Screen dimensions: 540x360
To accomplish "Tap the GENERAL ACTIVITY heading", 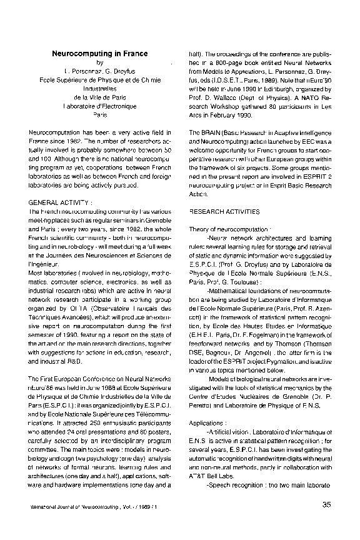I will tap(60, 204).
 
